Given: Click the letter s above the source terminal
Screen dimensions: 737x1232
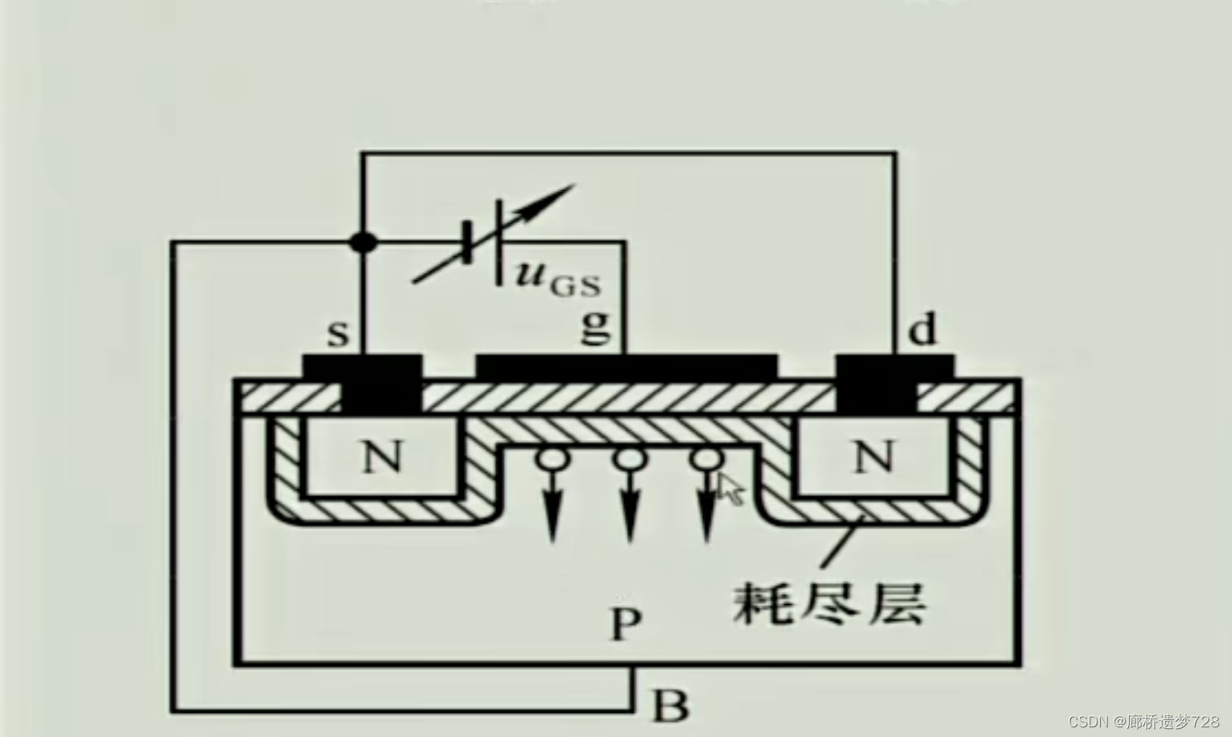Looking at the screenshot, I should (337, 332).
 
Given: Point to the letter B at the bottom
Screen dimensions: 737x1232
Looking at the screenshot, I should (670, 706).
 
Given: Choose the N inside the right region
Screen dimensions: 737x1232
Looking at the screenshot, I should (873, 458).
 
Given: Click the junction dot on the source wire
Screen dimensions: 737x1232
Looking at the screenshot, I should (364, 241).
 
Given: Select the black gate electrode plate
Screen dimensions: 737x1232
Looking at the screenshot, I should (627, 366).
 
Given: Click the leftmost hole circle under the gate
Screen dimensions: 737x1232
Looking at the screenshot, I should (552, 460).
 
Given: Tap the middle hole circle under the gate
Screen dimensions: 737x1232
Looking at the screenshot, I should (628, 460).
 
